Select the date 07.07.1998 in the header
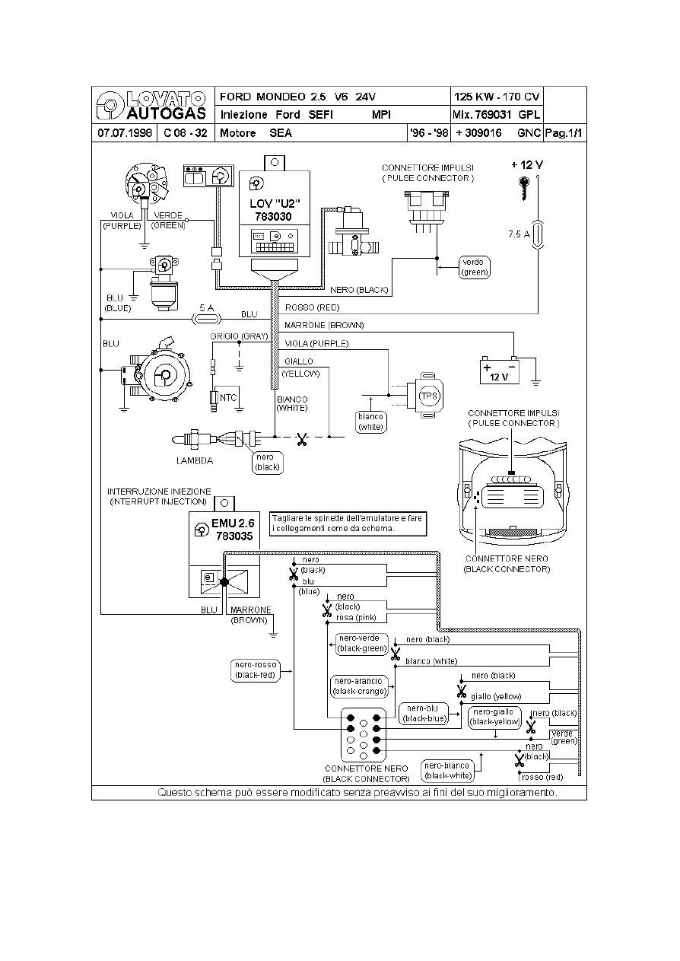click(x=123, y=133)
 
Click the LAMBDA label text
click(x=194, y=460)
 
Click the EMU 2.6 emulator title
click(x=233, y=523)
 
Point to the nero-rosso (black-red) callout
click(x=256, y=670)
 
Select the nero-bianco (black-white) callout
click(x=448, y=771)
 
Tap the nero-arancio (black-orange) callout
click(x=360, y=686)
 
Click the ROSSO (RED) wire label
click(x=312, y=308)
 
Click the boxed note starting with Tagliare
click(x=350, y=523)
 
